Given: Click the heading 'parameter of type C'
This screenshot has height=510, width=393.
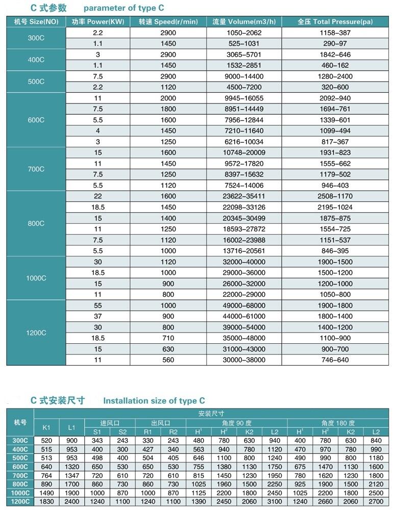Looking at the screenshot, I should click(124, 8).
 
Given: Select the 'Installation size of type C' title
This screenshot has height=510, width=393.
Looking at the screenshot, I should click(154, 401).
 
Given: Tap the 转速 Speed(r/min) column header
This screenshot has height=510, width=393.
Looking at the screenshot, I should click(168, 22).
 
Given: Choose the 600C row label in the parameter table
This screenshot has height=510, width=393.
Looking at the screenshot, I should click(36, 120).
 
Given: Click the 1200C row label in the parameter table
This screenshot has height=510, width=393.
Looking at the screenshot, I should click(36, 333).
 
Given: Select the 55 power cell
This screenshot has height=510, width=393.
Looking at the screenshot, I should click(97, 305).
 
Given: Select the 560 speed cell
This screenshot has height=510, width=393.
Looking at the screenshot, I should click(168, 360).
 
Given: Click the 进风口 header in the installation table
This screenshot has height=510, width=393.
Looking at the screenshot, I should click(110, 423).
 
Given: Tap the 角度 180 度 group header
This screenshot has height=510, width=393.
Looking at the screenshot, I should click(338, 423).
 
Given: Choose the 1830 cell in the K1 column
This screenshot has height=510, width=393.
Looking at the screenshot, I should click(46, 501).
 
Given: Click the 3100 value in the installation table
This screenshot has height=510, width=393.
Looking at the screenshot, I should click(275, 501).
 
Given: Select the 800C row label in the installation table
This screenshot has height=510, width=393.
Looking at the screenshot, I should click(20, 484).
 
